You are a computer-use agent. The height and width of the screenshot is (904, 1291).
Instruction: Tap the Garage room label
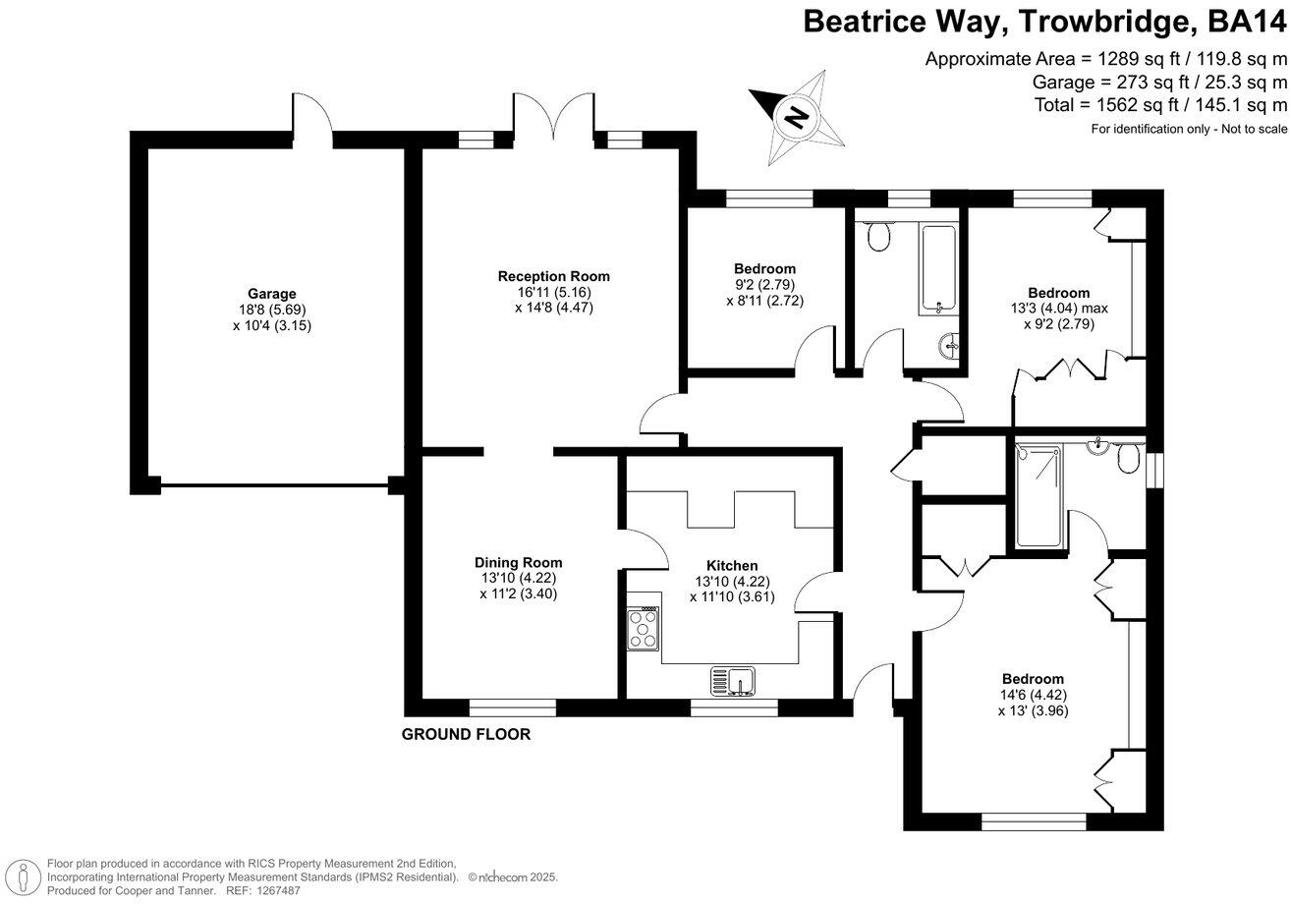point(272,294)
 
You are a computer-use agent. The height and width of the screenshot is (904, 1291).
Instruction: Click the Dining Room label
point(519,563)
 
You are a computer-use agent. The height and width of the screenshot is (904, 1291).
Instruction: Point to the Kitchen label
point(732,566)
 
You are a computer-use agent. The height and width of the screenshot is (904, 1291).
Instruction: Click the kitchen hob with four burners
point(644,627)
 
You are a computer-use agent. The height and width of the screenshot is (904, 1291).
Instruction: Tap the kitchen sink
point(732,680)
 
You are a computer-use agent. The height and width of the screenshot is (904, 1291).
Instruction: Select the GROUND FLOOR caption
point(466,734)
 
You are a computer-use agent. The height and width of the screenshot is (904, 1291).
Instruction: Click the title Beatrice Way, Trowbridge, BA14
point(1044,22)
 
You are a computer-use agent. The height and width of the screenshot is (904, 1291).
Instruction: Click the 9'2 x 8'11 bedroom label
point(764,269)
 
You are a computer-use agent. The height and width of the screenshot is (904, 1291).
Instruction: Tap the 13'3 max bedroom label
point(1058,293)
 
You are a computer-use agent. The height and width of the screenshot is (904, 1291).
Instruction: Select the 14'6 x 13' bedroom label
point(1033,679)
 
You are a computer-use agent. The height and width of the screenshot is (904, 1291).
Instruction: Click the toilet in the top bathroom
point(878,235)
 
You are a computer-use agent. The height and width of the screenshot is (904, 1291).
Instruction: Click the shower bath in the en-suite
point(1038,495)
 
